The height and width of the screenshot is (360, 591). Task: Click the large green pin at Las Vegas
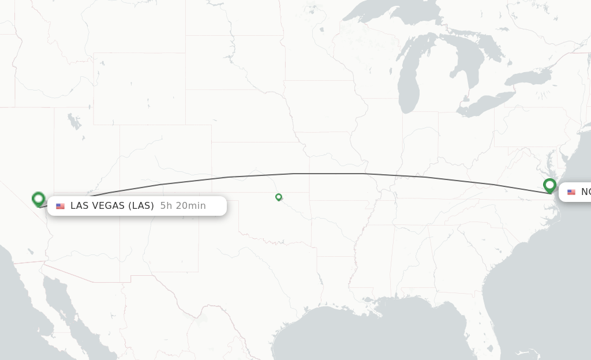point(39,199)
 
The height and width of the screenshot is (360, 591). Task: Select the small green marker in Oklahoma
point(279,197)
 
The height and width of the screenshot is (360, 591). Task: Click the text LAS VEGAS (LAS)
point(112,206)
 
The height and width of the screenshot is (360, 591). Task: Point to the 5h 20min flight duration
point(183,206)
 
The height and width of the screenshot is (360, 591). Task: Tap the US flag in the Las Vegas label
point(61,206)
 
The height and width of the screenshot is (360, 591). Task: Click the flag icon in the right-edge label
point(571,192)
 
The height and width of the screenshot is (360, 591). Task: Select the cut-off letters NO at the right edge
point(585,192)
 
